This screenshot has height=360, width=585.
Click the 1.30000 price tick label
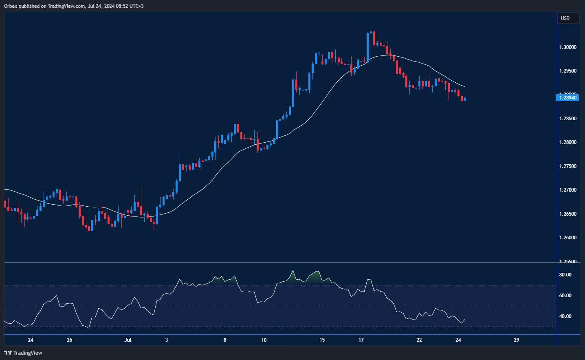coord(567,47)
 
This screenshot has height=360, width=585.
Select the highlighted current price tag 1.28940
coord(567,98)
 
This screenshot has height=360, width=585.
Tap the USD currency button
coord(567,18)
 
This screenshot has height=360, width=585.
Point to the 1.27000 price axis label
coord(567,190)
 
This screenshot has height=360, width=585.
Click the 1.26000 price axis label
coord(567,238)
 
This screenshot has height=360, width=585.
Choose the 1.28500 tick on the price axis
coord(567,119)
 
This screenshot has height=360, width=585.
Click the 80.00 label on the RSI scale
coord(565,275)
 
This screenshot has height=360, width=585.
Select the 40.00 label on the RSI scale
coord(565,316)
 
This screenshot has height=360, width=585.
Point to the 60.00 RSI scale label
coord(565,296)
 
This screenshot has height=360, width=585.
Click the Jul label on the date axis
coord(128,340)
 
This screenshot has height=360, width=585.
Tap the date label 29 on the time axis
coord(516,340)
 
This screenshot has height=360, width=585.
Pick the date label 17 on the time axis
coord(361,340)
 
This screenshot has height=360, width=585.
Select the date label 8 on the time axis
coord(225,340)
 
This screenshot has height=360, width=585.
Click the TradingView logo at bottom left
coord(23,353)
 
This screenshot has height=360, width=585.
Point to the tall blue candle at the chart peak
coord(367,47)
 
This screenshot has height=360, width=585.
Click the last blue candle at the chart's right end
coord(465,99)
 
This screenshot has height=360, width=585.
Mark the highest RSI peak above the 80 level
coord(292,270)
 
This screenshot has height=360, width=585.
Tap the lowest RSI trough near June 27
coord(88,327)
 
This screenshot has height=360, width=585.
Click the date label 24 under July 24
coord(458,340)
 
